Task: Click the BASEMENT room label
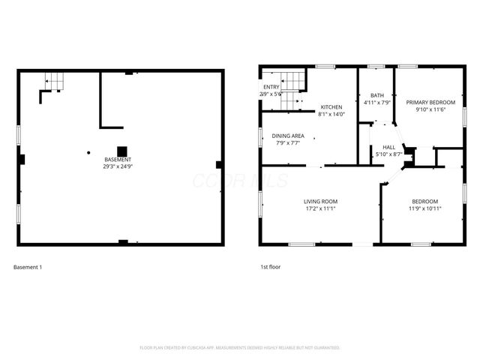[118, 160]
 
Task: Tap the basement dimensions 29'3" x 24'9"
[118, 166]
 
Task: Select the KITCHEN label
[331, 107]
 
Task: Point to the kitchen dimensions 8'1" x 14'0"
[331, 114]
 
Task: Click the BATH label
[376, 95]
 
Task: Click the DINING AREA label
[287, 135]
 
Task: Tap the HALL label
[388, 147]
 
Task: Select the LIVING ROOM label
[320, 201]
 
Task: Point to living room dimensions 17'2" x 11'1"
[320, 208]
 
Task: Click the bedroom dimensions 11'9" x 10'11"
[425, 208]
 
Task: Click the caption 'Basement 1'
[28, 267]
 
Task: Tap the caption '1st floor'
[270, 267]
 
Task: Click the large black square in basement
[121, 149]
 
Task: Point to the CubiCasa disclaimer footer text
[240, 348]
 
